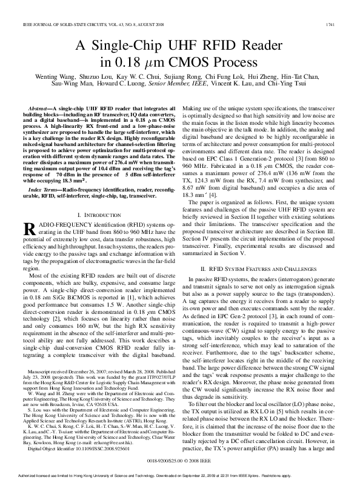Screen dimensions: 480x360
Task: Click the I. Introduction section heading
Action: (x=98, y=198)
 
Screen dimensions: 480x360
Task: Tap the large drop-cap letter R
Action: (x=27, y=213)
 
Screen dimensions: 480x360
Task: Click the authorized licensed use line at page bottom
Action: (x=180, y=475)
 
